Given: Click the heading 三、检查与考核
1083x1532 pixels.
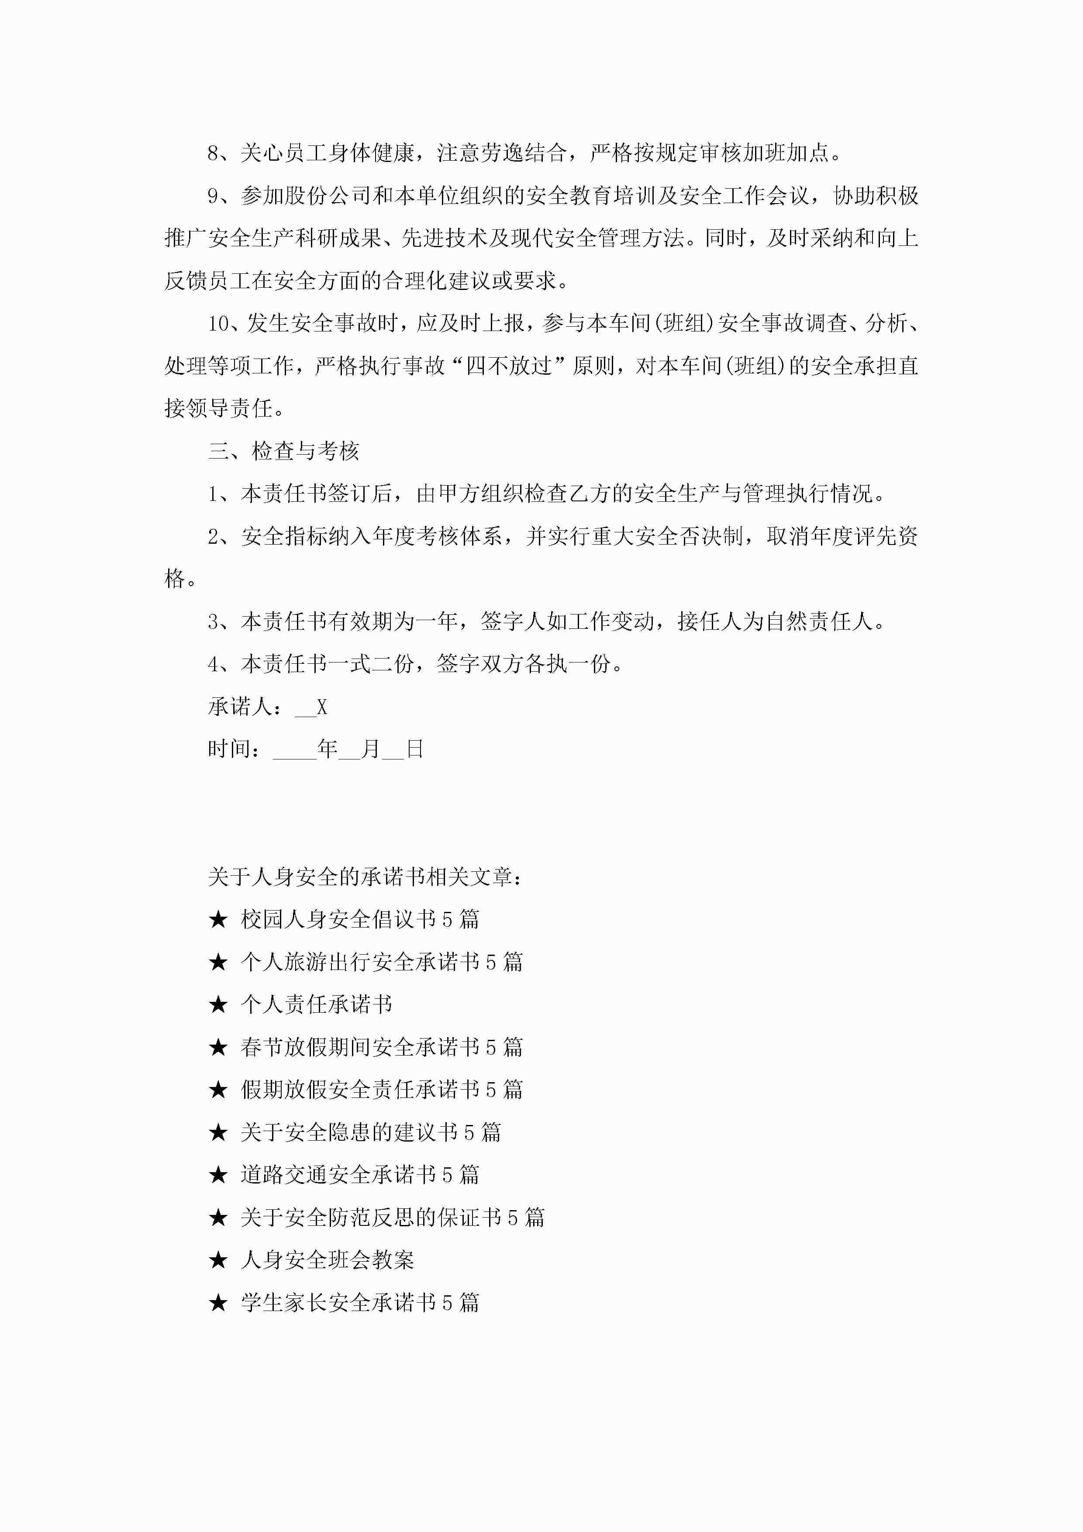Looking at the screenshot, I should pos(283,451).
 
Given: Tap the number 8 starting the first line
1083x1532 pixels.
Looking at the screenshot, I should pos(214,153).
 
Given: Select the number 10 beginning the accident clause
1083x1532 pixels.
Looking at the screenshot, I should pos(218,324).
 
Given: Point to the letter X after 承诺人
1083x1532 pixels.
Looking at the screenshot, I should pos(322,707).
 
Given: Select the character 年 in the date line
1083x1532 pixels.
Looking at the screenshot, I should pos(327,749).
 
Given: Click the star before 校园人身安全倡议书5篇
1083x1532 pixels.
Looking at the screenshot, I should pos(218,919).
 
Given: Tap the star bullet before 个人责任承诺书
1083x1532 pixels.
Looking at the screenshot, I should pos(218,1005).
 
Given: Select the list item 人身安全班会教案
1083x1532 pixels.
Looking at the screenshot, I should pos(328,1260).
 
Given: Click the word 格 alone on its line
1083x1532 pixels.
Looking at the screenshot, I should pos(175,579).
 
